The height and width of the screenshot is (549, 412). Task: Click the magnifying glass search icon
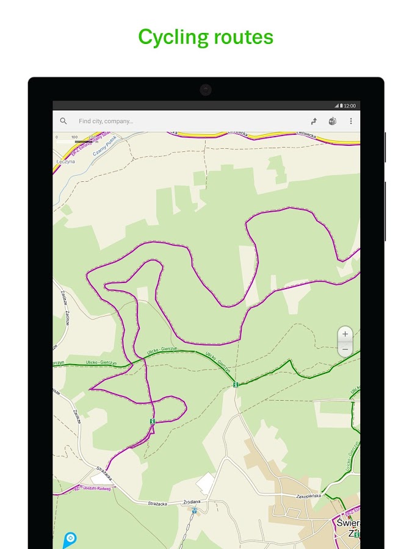pyautogui.click(x=63, y=121)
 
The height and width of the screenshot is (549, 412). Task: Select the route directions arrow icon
pyautogui.click(x=314, y=121)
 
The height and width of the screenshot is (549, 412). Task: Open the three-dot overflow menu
pyautogui.click(x=351, y=121)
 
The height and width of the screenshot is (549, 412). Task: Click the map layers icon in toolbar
pyautogui.click(x=333, y=121)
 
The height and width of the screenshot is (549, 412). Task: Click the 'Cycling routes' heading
pyautogui.click(x=206, y=37)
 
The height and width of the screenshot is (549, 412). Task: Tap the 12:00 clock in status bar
pyautogui.click(x=350, y=106)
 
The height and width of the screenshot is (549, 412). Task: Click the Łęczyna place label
pyautogui.click(x=65, y=162)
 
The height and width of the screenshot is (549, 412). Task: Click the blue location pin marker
pyautogui.click(x=70, y=539)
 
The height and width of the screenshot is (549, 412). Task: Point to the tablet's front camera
pyautogui.click(x=206, y=90)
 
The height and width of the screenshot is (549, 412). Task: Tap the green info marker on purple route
pyautogui.click(x=152, y=422)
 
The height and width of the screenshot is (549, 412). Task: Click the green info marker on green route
pyautogui.click(x=235, y=384)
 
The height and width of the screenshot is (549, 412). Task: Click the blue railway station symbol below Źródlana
pyautogui.click(x=194, y=511)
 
